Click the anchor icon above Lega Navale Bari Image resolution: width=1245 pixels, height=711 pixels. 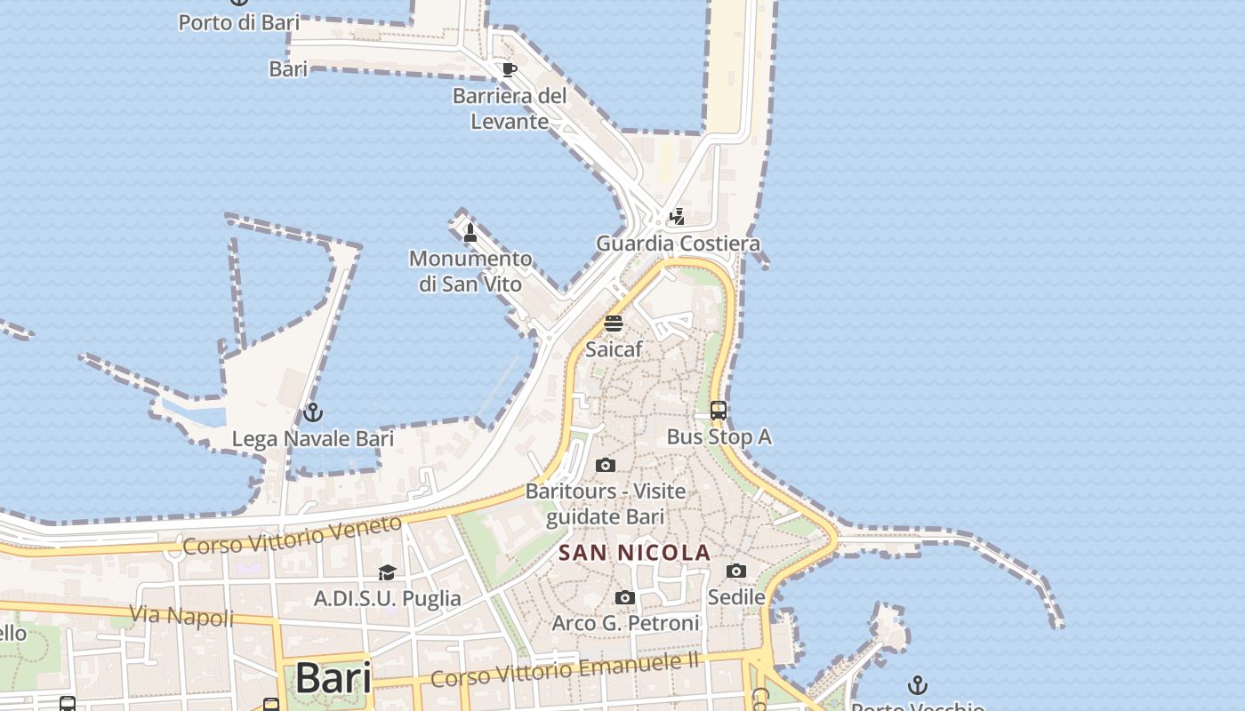pos(312,412)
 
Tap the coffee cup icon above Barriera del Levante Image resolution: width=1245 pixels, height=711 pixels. pos(509,69)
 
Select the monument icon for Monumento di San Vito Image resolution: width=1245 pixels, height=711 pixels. pos(470,233)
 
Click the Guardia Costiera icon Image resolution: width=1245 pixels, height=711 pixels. pos(678,216)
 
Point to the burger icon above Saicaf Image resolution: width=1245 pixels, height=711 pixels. pos(614,324)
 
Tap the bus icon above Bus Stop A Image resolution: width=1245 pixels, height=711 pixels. pos(719,411)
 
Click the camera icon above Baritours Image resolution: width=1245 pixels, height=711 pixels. pos(606,465)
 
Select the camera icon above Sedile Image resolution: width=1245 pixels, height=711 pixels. pos(736,571)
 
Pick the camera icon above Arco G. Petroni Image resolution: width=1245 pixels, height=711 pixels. pos(625,597)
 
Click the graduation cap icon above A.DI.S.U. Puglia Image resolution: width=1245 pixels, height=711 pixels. pos(387,572)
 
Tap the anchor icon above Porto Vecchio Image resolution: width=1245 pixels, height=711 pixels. pos(917,684)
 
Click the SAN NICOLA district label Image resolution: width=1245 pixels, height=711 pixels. pos(635,552)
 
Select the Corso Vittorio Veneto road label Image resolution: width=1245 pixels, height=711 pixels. pos(293,534)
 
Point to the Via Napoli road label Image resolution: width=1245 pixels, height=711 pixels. pos(181,615)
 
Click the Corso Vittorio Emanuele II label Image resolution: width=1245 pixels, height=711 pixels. pos(566,670)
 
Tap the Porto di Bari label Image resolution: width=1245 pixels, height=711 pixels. pos(239,22)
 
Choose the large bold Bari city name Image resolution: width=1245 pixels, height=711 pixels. pos(333,678)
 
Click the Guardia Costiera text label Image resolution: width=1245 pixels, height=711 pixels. pos(678,244)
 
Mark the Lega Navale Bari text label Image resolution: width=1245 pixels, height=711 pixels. pos(312,439)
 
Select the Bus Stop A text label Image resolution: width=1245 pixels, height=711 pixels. pos(719,437)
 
